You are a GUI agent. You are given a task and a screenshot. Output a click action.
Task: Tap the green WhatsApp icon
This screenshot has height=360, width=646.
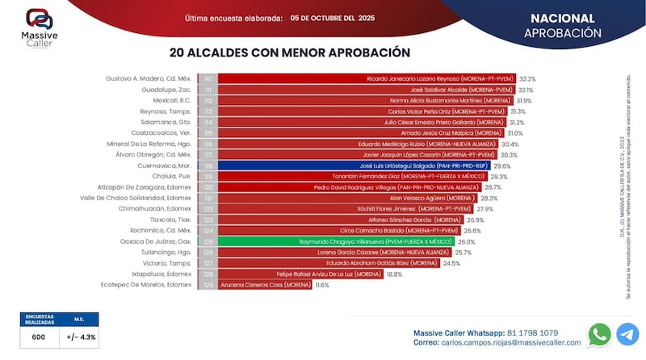point(600,334)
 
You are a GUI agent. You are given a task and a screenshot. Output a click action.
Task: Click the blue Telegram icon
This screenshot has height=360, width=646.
point(627,334)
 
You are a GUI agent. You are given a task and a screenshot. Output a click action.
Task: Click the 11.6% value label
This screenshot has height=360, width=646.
point(322,284)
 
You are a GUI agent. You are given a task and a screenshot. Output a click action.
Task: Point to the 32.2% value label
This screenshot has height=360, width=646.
point(528,79)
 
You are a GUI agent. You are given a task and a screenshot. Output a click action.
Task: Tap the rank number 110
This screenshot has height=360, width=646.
point(208,79)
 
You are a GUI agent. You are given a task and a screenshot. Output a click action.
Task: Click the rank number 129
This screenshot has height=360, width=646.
point(208,284)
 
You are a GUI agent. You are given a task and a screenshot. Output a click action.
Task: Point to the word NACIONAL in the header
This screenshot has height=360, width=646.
point(563,18)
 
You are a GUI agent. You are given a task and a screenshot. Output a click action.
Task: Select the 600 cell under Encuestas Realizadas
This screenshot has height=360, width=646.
point(38,337)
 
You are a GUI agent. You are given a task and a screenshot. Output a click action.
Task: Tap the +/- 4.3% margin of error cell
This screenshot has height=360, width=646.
point(79,337)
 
